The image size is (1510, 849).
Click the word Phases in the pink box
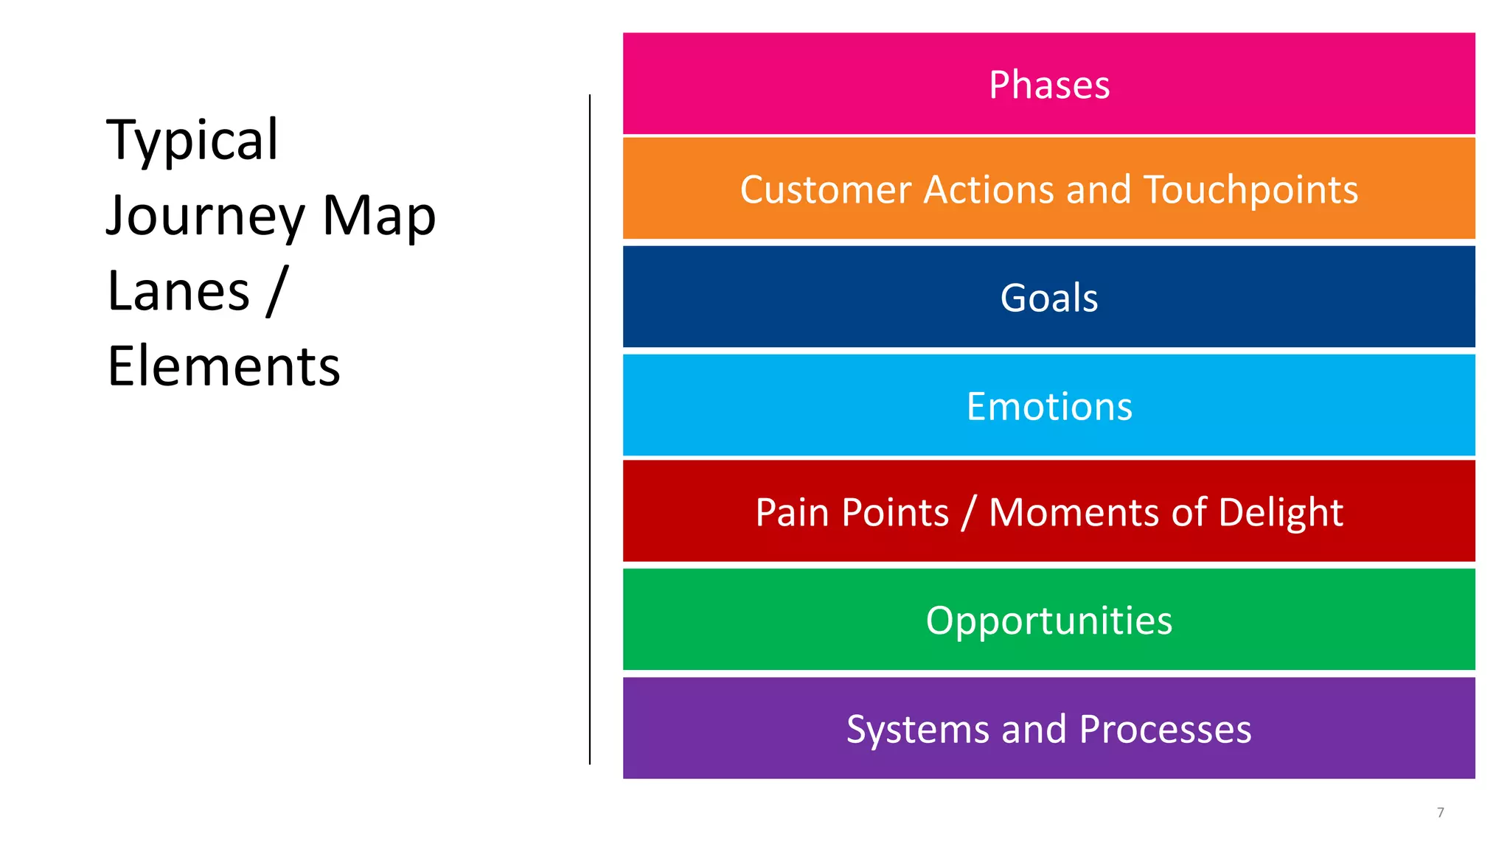[x=1048, y=85]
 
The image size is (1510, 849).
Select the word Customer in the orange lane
[x=825, y=190]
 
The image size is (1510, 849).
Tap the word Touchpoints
[x=1250, y=190]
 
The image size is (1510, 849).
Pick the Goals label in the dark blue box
[x=1048, y=298]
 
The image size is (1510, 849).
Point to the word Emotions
[x=1048, y=407]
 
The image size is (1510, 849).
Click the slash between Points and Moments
[x=969, y=513]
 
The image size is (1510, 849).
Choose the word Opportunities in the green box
[x=1048, y=621]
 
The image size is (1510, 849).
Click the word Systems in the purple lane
[x=917, y=730]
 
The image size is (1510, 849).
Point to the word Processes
[x=1165, y=730]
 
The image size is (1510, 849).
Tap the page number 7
[x=1440, y=812]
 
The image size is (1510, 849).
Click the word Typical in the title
[x=192, y=140]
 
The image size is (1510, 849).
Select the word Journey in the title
[x=206, y=216]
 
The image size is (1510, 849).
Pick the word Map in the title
[x=379, y=216]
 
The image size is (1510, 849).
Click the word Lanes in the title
[x=178, y=291]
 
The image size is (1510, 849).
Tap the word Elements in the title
[x=223, y=366]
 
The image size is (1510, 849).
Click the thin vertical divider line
[x=590, y=427]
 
